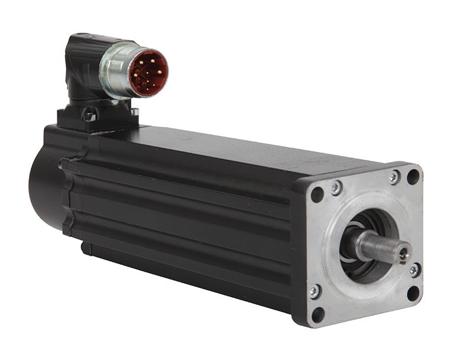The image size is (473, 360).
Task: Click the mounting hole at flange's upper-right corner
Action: point(413,176)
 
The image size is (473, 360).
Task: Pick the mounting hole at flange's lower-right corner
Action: point(413,293)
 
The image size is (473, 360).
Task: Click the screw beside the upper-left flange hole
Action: point(336,188)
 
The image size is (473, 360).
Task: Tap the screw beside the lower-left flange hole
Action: point(315,291)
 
